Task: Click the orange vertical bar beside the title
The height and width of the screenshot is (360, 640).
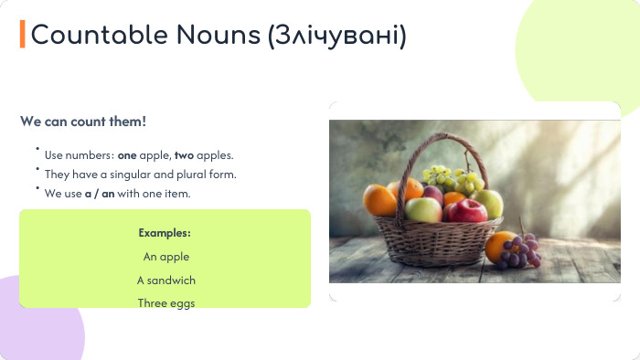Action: pos(23,35)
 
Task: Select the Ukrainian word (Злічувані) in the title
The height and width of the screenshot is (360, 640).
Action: pos(337,36)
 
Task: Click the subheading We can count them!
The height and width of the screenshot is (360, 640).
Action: pos(83,122)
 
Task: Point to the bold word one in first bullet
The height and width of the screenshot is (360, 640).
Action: pos(126,155)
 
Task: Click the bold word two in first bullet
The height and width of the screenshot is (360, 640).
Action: pos(184,155)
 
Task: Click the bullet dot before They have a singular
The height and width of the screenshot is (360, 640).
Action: pos(37,169)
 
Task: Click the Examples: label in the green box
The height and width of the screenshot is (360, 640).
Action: pos(165,233)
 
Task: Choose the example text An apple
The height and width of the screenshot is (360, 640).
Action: pos(165,257)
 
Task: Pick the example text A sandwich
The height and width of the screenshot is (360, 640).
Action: pos(165,281)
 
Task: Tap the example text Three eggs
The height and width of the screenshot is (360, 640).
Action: pos(165,303)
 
